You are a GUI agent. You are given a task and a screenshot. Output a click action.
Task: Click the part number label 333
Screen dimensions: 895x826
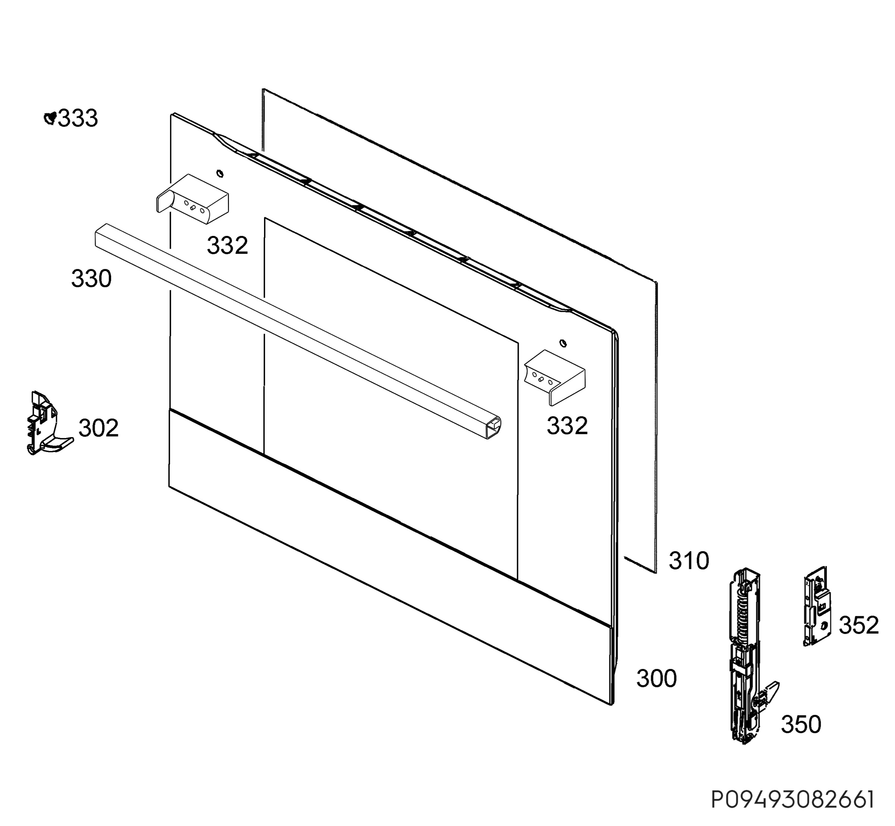coord(78,119)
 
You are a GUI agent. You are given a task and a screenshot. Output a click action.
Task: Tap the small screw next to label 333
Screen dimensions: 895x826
coord(50,118)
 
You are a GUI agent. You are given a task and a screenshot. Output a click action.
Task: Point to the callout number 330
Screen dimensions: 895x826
coord(91,278)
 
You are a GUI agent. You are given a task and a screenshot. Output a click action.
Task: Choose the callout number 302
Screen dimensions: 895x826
coord(98,428)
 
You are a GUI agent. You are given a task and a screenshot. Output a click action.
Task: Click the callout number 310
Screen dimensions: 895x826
coord(689,561)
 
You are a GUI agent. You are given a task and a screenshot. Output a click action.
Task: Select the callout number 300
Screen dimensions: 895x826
coord(656,678)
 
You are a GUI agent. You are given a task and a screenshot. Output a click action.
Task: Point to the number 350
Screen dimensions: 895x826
coord(801,725)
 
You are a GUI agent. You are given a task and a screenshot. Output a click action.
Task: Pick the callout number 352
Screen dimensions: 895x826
coord(859,625)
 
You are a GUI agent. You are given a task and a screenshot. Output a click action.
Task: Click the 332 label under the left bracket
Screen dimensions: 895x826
coord(227,245)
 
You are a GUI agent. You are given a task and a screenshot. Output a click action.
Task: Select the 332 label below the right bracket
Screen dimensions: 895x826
coord(567,426)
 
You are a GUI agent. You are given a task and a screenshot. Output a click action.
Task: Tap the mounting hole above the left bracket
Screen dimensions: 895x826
coord(220,173)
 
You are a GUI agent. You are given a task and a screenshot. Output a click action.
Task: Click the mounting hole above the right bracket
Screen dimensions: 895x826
coord(563,343)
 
